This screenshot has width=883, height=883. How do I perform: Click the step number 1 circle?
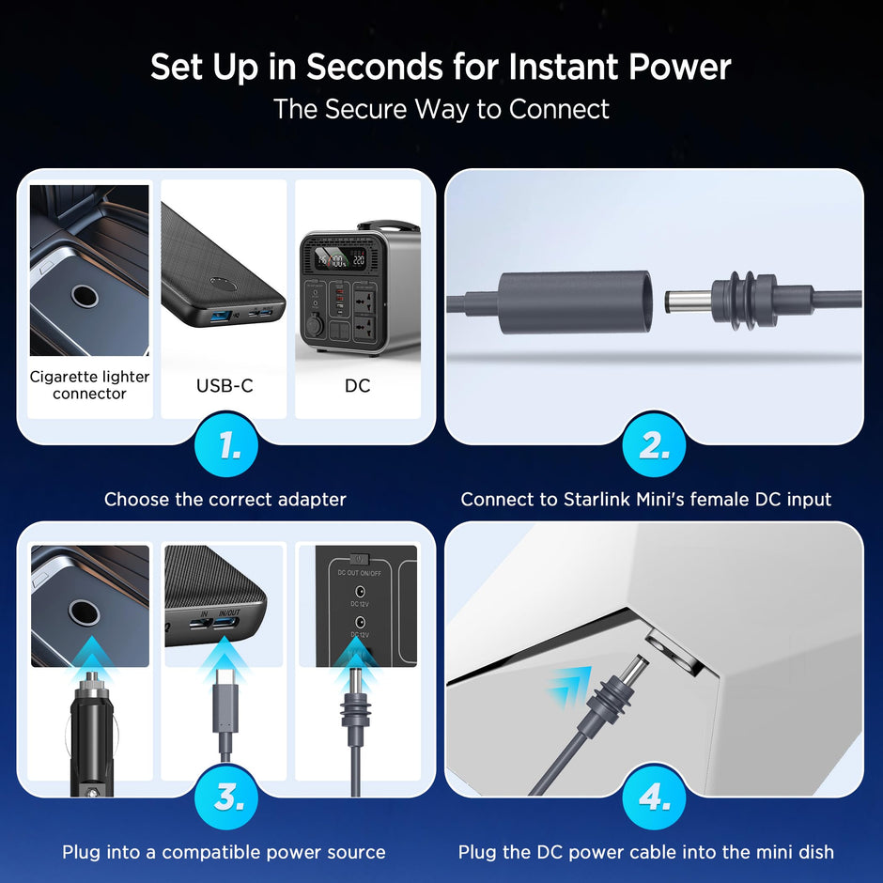click(x=225, y=446)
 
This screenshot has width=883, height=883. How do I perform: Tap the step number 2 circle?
click(x=653, y=446)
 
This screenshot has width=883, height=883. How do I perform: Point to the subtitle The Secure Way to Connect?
click(x=441, y=109)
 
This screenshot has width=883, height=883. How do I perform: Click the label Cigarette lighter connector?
click(x=89, y=385)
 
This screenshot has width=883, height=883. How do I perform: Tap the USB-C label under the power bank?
click(x=225, y=385)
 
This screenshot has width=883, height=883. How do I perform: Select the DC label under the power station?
click(x=357, y=385)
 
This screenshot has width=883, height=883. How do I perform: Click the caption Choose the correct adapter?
click(x=225, y=500)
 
